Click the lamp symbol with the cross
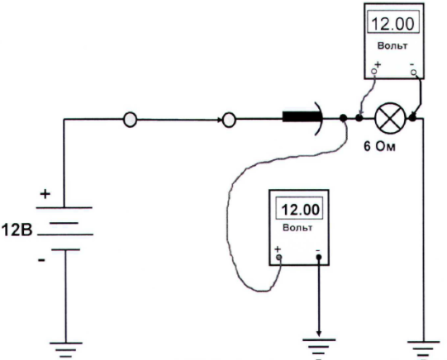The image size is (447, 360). (x=390, y=118)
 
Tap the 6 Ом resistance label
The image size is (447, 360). (x=380, y=146)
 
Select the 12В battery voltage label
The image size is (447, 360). (x=17, y=230)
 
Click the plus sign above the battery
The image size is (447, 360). (x=45, y=194)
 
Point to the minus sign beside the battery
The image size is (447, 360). (x=41, y=260)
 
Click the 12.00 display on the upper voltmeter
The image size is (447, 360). (x=392, y=24)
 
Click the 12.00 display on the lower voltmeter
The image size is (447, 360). (x=299, y=210)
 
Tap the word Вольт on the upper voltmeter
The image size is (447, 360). (x=392, y=45)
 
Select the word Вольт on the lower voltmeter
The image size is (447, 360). (x=297, y=228)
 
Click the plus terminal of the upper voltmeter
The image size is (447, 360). (x=374, y=71)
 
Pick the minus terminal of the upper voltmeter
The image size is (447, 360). (x=414, y=73)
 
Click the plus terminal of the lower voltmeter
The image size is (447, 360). (x=278, y=257)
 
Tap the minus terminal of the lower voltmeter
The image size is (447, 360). (x=319, y=257)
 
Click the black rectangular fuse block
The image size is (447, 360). (x=301, y=116)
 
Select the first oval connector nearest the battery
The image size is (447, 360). (x=130, y=119)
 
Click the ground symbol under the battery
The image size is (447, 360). (x=66, y=350)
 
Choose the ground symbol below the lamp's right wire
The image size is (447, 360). (x=423, y=348)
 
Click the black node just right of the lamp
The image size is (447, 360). (x=412, y=117)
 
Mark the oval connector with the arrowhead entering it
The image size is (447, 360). (x=229, y=120)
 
